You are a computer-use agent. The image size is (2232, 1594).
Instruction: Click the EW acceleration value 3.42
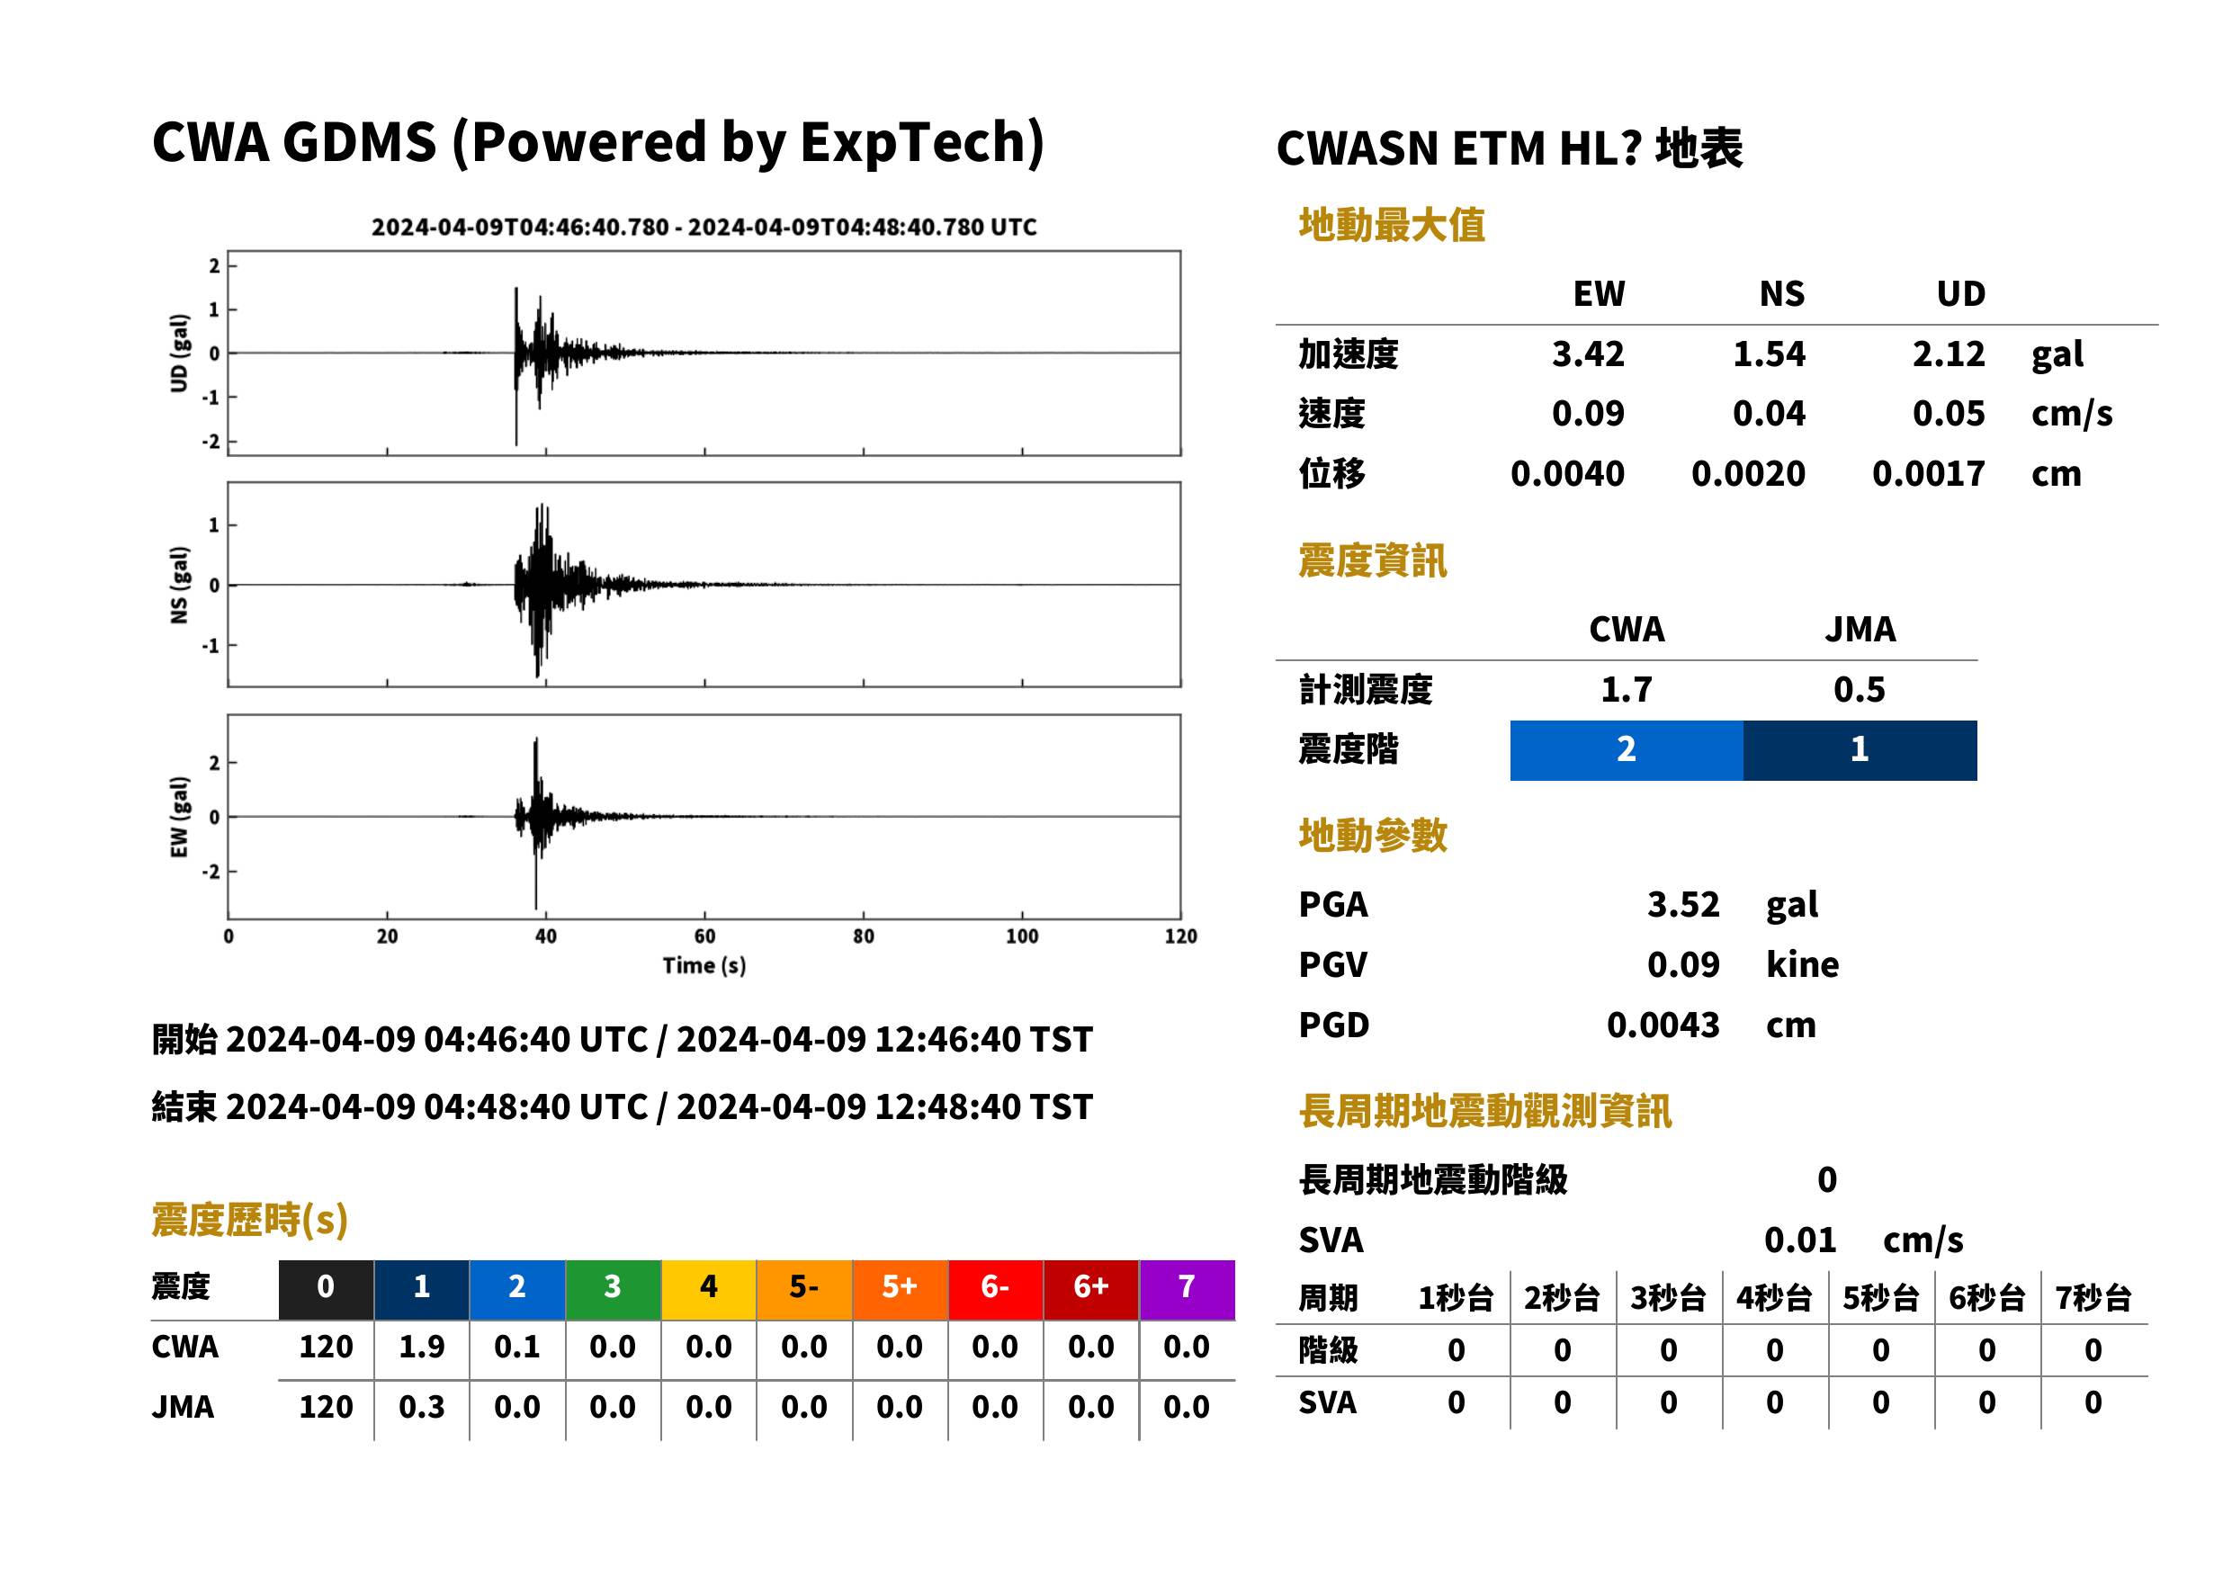click(1587, 354)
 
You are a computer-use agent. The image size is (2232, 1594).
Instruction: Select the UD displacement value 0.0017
click(1928, 473)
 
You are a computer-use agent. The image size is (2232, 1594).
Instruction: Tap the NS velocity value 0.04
click(1769, 413)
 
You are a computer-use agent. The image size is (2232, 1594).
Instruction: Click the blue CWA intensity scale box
click(1627, 750)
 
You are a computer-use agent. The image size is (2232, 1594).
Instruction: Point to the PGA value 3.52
click(1683, 904)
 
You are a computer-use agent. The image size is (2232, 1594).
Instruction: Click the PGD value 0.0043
click(1663, 1025)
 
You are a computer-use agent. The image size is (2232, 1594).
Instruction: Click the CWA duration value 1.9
click(421, 1347)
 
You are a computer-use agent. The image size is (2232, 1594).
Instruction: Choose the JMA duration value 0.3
click(421, 1407)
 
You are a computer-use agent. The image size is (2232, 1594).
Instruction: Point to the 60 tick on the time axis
click(704, 936)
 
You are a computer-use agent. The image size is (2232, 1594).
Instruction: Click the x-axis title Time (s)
click(704, 966)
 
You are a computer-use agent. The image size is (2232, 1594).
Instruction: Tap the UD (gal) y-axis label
click(179, 354)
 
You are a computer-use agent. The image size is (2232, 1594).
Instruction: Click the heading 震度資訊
click(1372, 560)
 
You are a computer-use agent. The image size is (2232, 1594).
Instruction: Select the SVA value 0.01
click(1800, 1240)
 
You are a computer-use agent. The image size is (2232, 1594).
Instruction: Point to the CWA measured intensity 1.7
click(1627, 689)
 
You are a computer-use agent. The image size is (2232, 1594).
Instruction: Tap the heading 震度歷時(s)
click(250, 1220)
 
